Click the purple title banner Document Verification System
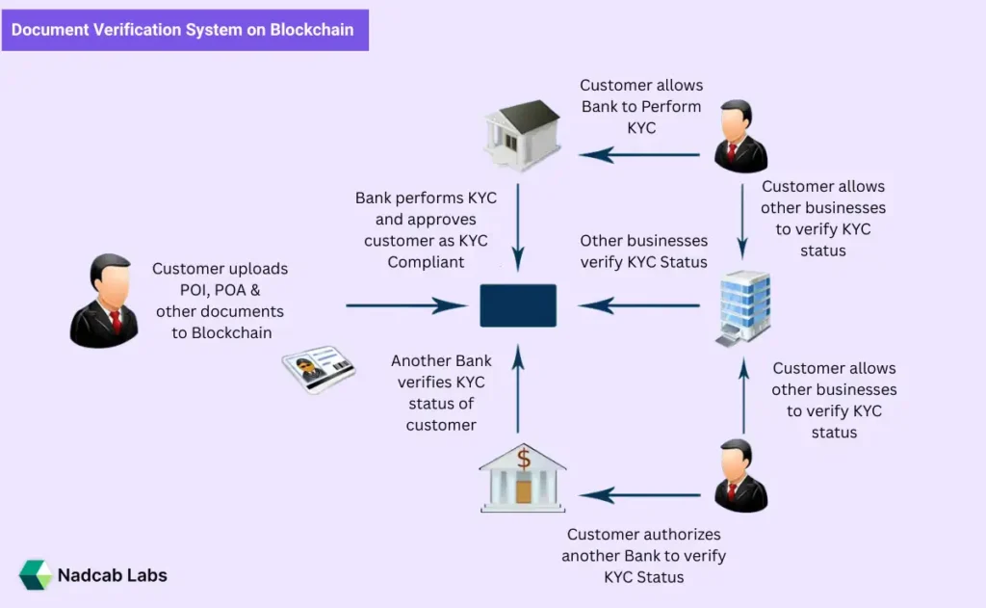[183, 30]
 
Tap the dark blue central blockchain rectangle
[518, 305]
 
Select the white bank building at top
[521, 135]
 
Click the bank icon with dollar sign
[522, 477]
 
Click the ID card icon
[318, 369]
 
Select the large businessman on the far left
[104, 301]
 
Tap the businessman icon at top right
[740, 138]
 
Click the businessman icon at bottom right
[740, 475]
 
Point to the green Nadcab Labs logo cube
[36, 575]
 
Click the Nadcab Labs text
[112, 575]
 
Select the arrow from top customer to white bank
[639, 154]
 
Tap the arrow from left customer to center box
[405, 305]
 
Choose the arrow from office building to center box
[639, 305]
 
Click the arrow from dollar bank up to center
[518, 390]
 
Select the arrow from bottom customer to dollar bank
[639, 495]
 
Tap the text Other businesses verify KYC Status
[643, 251]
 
